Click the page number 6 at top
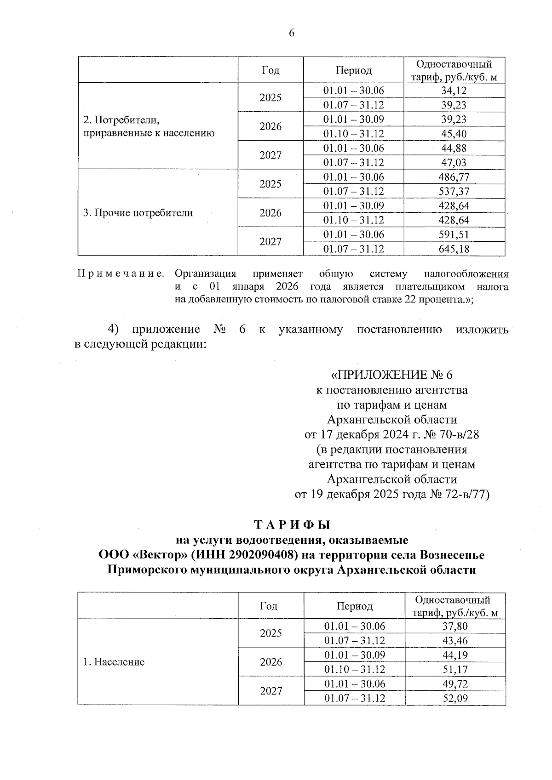[x=291, y=33]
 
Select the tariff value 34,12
[x=454, y=91]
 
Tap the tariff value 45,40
[x=454, y=134]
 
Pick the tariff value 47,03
[x=454, y=162]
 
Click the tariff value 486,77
[x=454, y=177]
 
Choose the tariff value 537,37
[x=454, y=191]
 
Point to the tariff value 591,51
[x=454, y=234]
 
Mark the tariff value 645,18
[x=454, y=249]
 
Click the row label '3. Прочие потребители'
[x=138, y=213]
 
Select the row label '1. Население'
[x=114, y=662]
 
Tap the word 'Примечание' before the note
[x=121, y=274]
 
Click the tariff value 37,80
[x=455, y=626]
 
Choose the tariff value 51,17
[x=455, y=669]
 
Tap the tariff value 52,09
[x=455, y=698]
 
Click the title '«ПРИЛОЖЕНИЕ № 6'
[x=391, y=375]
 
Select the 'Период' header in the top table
[x=353, y=70]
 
